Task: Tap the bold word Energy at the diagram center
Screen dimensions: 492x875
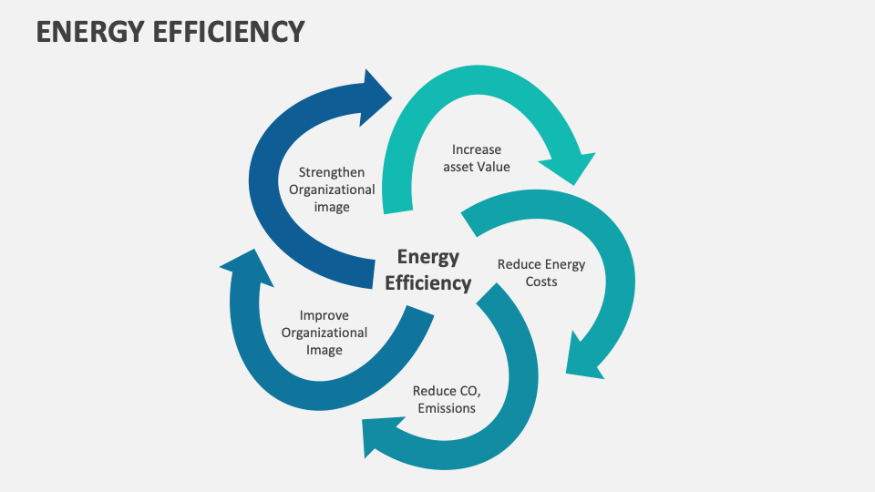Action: click(428, 257)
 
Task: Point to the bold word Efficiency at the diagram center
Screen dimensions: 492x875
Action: click(428, 282)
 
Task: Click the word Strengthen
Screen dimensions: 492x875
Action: click(332, 172)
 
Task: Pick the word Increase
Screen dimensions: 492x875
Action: click(477, 149)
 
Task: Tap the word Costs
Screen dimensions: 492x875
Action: click(540, 282)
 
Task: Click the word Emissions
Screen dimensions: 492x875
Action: click(447, 408)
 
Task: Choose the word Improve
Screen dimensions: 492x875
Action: click(324, 315)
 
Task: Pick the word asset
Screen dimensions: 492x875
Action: click(461, 167)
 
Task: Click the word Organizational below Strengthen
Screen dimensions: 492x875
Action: click(332, 190)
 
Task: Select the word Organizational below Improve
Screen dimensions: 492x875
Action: click(324, 333)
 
